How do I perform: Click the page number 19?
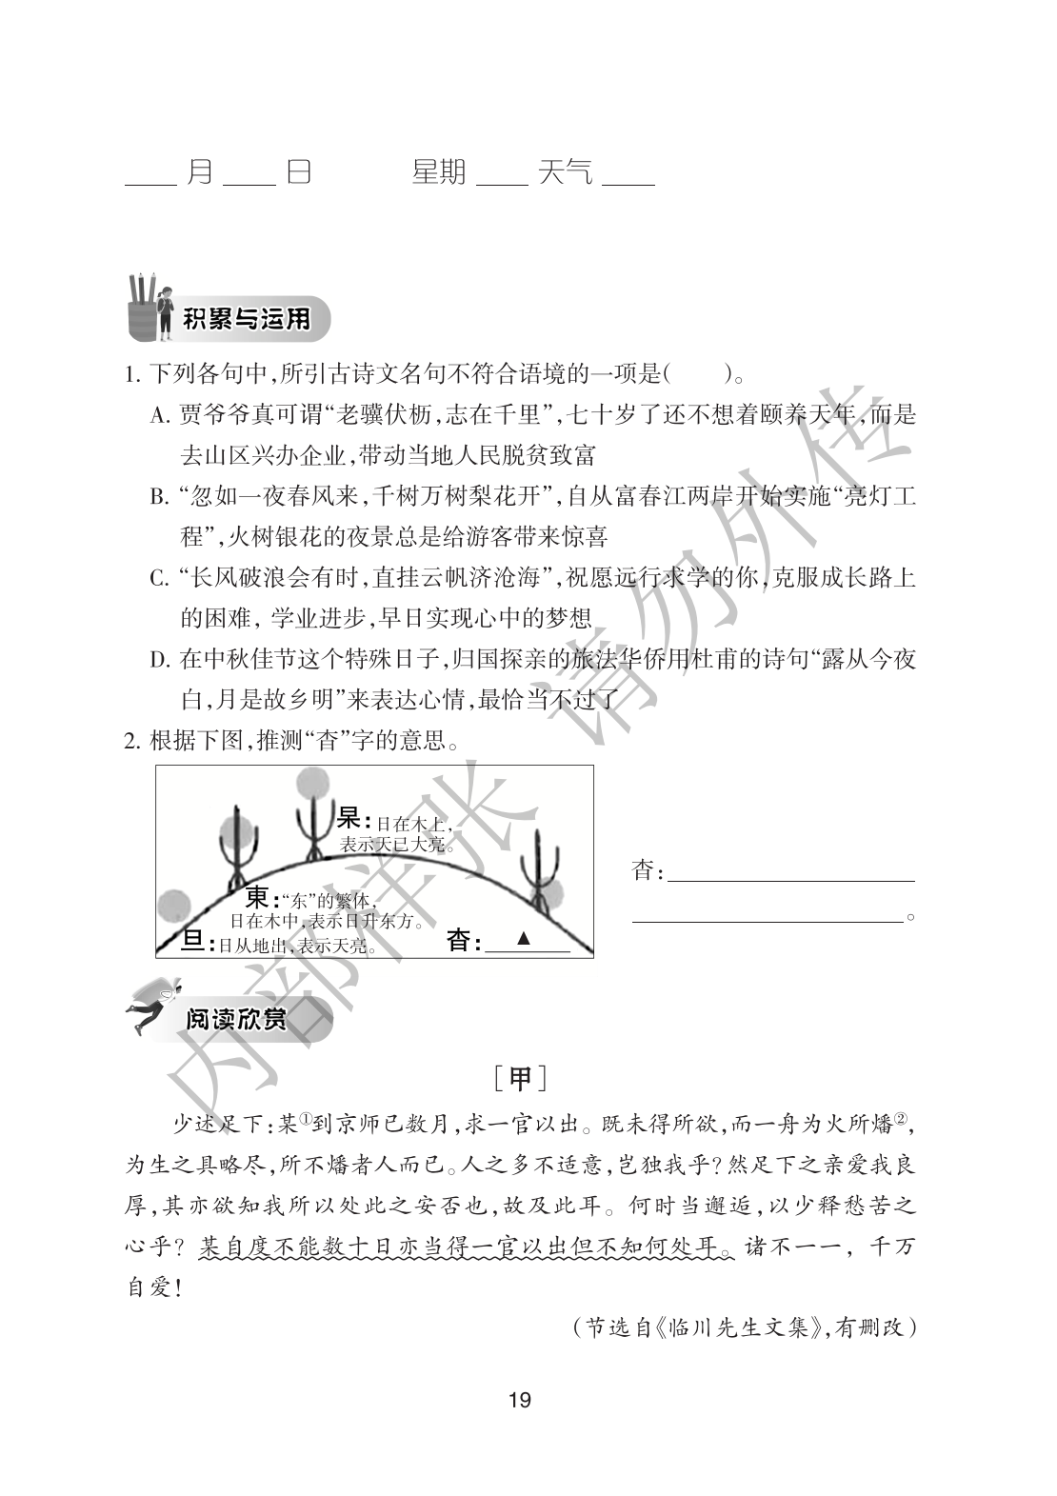click(520, 1400)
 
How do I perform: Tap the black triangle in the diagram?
click(523, 938)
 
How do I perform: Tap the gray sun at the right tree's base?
click(550, 895)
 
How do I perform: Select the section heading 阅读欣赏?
click(236, 1021)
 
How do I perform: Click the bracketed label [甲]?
click(521, 1080)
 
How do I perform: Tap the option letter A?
click(159, 416)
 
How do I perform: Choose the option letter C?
click(159, 578)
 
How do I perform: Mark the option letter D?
click(159, 659)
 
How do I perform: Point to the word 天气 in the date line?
click(565, 172)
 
